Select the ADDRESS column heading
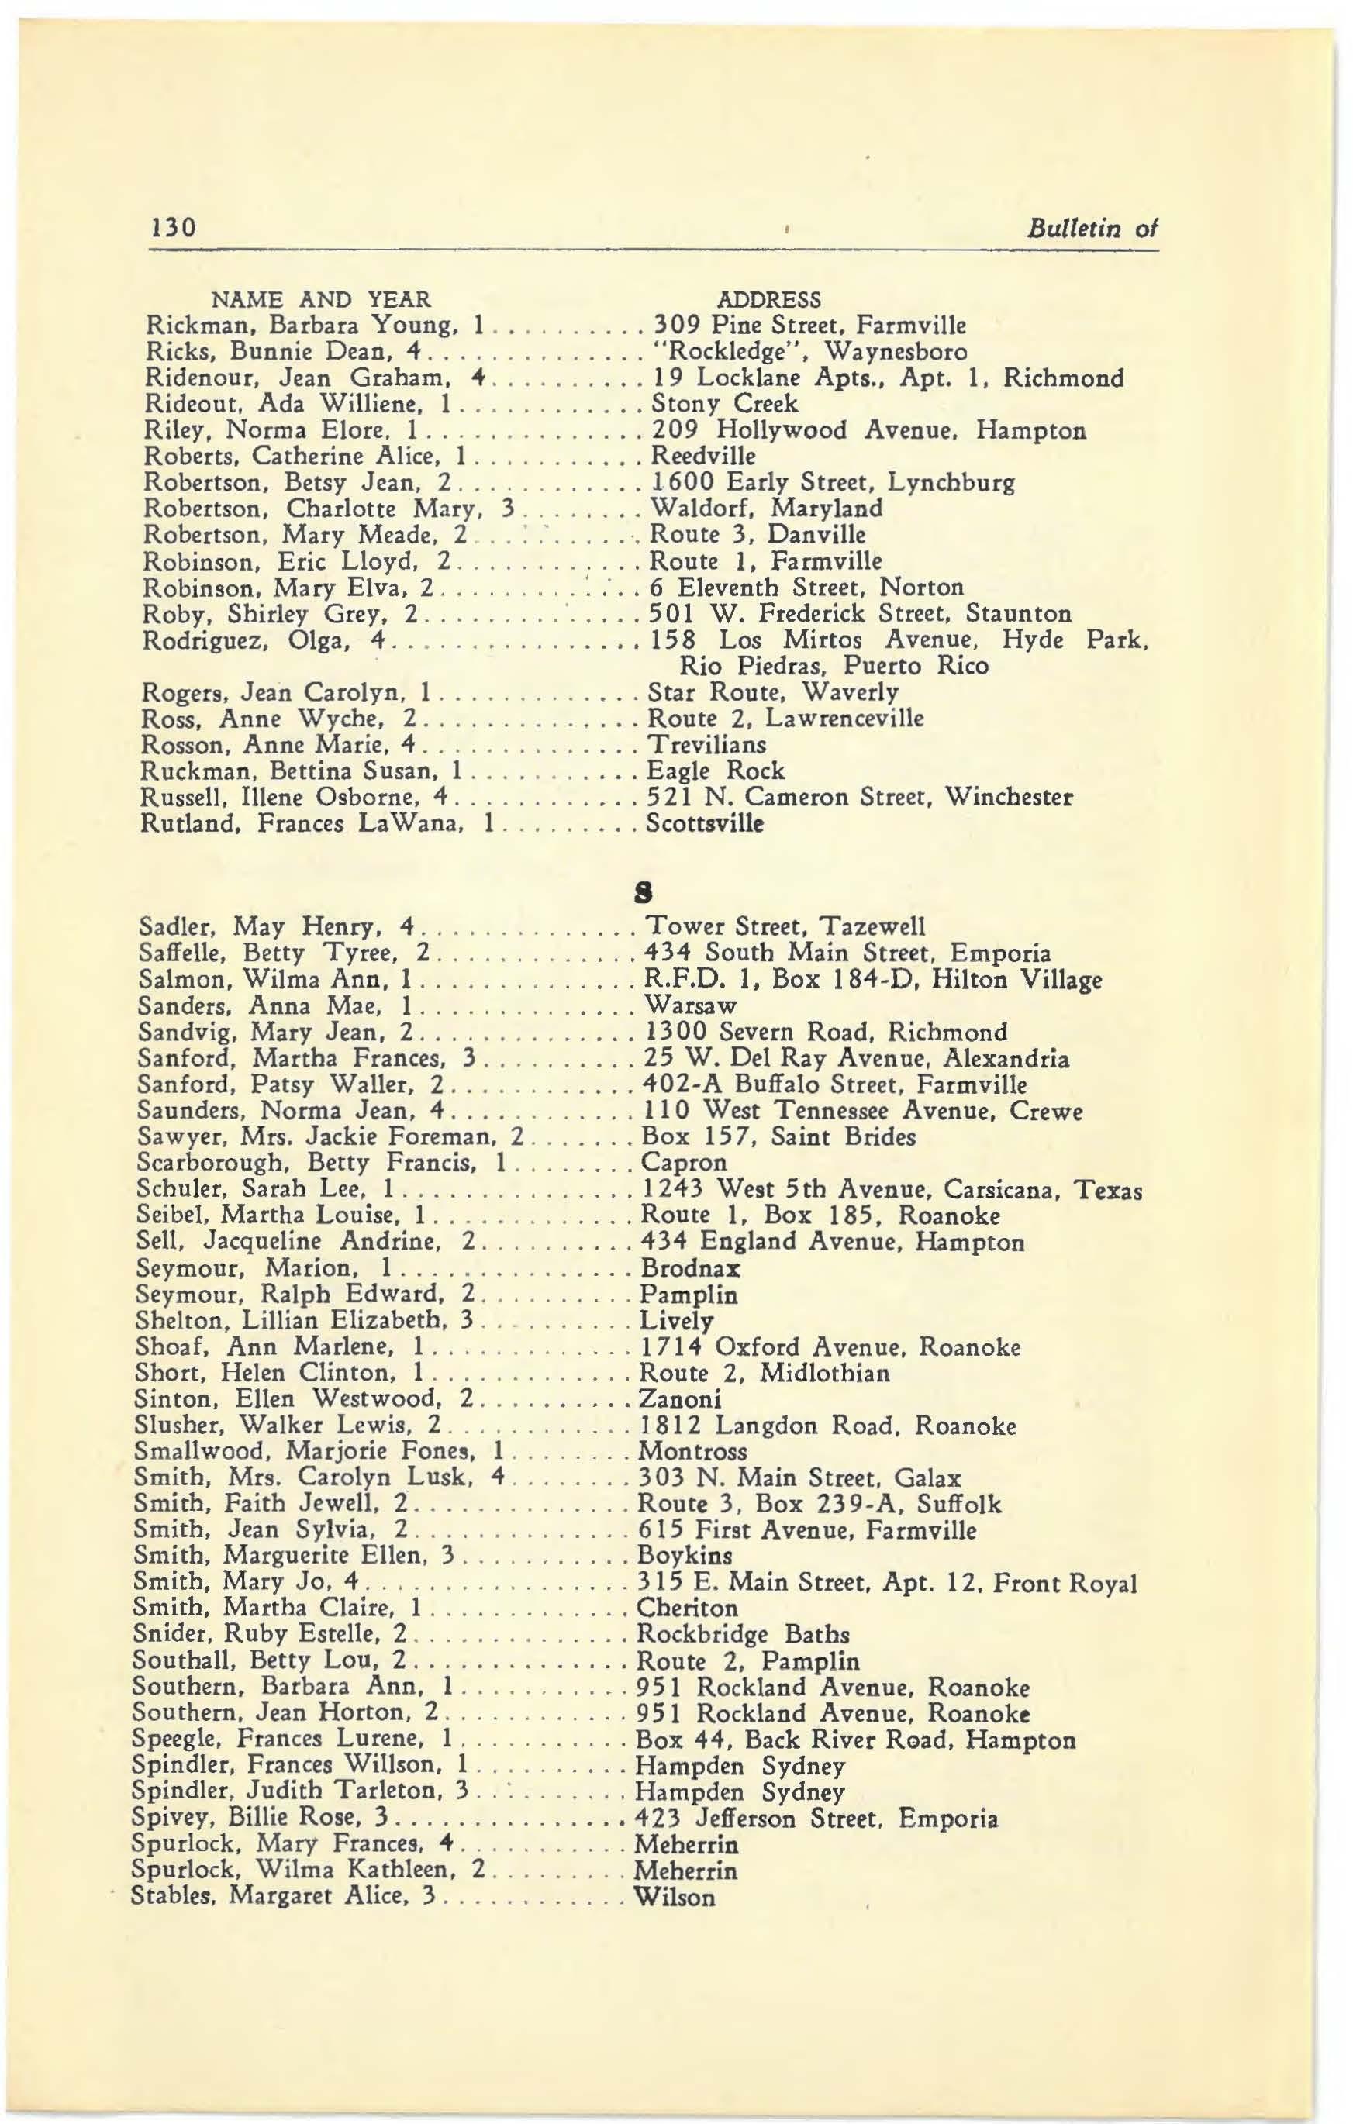click(x=770, y=299)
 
